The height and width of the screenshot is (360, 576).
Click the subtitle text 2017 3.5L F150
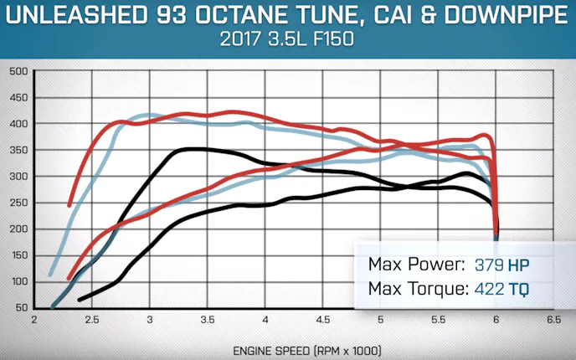pos(288,39)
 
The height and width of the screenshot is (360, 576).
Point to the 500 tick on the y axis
pos(18,71)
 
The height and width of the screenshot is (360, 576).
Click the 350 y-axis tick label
pos(18,150)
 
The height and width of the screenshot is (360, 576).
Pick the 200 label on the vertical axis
pos(18,229)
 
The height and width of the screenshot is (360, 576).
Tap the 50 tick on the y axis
pos(20,307)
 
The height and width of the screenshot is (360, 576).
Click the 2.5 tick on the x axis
pos(91,320)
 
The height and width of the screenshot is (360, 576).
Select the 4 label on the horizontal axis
pos(265,320)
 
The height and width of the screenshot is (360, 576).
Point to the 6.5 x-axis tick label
pos(553,320)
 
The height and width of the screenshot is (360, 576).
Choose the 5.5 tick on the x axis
pos(438,320)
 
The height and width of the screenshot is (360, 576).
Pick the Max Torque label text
pos(415,290)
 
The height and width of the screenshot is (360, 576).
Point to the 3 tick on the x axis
pos(149,320)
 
